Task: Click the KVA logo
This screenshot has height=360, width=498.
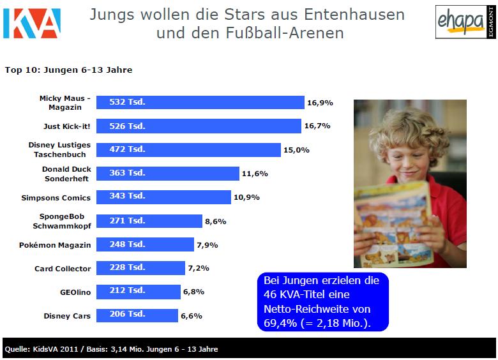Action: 31,23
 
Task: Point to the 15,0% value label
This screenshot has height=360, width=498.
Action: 297,150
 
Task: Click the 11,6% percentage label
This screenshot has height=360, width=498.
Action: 254,174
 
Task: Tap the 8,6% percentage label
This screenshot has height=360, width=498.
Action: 216,221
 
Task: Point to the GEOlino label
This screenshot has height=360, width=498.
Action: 75,292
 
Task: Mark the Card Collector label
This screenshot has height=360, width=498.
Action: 63,269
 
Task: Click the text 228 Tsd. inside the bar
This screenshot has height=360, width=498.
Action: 127,268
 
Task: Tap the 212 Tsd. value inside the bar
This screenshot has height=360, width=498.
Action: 127,291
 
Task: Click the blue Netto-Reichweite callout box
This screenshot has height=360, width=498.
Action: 322,302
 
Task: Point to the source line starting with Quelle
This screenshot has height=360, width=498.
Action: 111,349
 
